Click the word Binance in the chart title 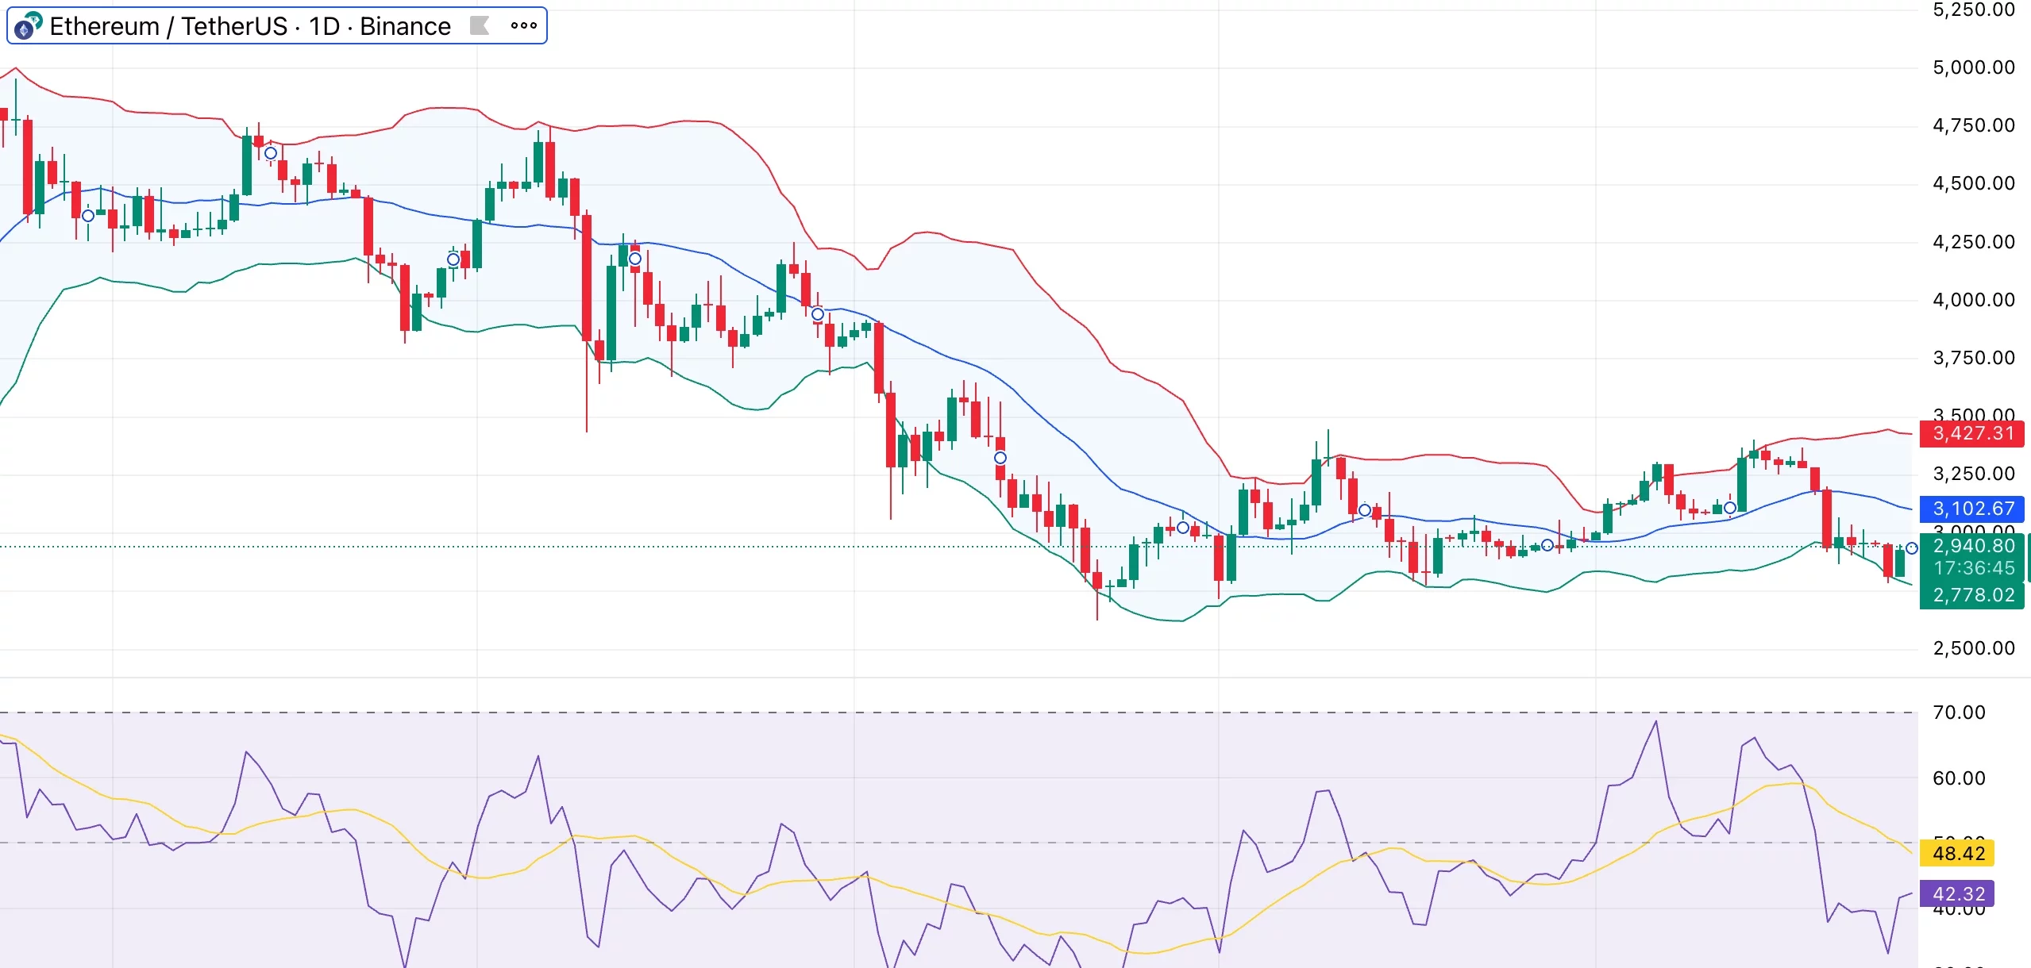[405, 26]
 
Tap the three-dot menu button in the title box [523, 25]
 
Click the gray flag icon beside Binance [479, 25]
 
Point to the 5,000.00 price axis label [1973, 67]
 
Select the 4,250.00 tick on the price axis [1973, 242]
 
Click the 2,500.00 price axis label [1973, 648]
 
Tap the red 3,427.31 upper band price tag [1972, 433]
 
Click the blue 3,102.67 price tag [1972, 509]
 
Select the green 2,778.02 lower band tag [1972, 595]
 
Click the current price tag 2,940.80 [1972, 546]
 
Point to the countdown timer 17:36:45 [1972, 568]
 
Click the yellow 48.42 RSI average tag [1958, 854]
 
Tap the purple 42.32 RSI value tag [1958, 894]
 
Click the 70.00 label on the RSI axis [1958, 713]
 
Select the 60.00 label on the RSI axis [1958, 778]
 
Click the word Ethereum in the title [104, 26]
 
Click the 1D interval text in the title [324, 26]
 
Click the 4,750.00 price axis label [1973, 125]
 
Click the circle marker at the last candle [1912, 548]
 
